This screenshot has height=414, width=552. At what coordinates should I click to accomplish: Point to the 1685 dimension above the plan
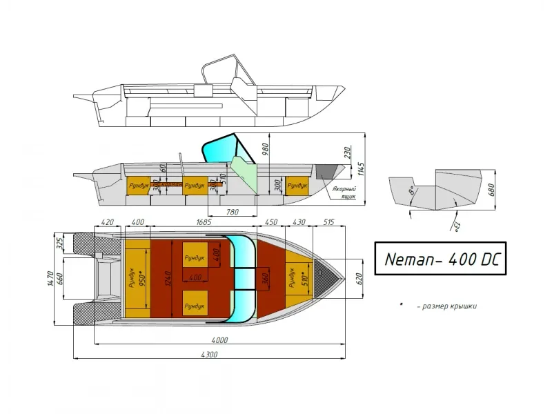pos(204,222)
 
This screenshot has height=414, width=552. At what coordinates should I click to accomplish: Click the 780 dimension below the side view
pos(233,211)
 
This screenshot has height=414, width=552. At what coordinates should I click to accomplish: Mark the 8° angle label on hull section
pos(411,188)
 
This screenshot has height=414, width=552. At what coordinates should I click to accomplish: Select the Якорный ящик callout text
pos(343,193)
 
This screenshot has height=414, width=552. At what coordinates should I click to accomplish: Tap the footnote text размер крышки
pos(446,306)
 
